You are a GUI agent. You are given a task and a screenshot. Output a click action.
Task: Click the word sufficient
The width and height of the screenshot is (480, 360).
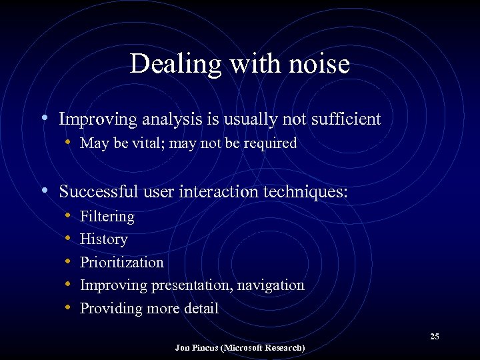tap(343, 119)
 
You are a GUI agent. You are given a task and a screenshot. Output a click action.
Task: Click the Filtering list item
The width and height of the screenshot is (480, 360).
tap(107, 217)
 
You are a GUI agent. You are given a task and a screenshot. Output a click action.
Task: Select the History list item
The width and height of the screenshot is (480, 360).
tap(103, 239)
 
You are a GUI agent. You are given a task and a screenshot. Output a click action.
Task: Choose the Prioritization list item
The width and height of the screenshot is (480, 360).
tap(121, 262)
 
